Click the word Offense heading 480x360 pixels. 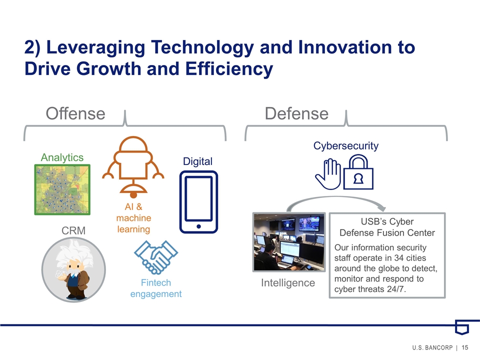[x=75, y=113]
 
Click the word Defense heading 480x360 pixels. [x=296, y=113]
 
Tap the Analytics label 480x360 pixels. [x=62, y=157]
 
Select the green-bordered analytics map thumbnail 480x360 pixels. [x=62, y=189]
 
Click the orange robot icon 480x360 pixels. [x=133, y=167]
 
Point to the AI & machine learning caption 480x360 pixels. [x=134, y=218]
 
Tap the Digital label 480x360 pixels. [x=197, y=161]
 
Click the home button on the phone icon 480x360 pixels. [x=198, y=226]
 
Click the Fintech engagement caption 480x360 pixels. [x=156, y=288]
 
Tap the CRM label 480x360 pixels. [x=73, y=230]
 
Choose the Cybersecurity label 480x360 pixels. [x=345, y=145]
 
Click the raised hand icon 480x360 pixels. [x=328, y=174]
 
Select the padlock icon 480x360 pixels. [x=358, y=172]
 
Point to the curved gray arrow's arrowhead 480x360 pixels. [x=381, y=208]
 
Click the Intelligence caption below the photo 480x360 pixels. [x=288, y=283]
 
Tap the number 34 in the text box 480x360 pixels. [x=398, y=258]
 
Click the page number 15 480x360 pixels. [x=465, y=347]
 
